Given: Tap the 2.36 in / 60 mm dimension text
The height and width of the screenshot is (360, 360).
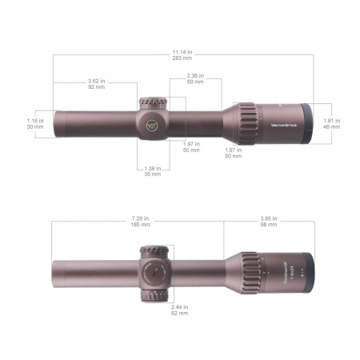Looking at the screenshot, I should point(195,79).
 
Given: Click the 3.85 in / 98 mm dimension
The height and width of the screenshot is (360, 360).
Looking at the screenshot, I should point(270,220).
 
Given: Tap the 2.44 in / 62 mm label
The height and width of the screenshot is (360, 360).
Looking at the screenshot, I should point(180,310).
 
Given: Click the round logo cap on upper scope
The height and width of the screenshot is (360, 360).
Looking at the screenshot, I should point(152,125).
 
